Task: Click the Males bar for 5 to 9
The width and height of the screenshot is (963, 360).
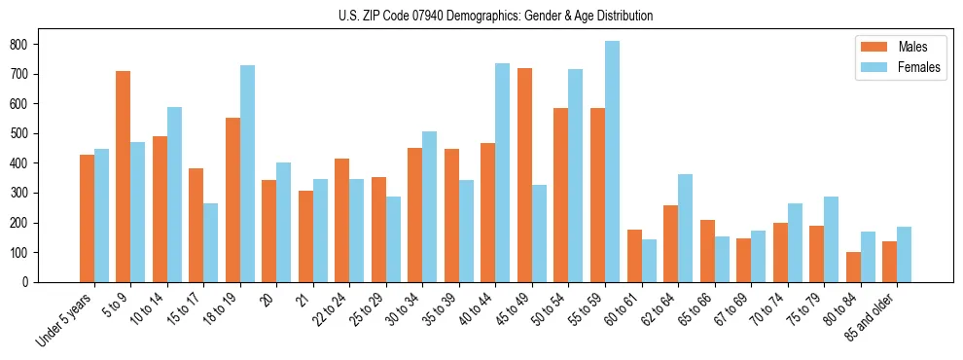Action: point(124,176)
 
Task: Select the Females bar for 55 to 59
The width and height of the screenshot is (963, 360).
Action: point(611,162)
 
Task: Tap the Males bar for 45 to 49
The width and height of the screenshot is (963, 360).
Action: point(525,175)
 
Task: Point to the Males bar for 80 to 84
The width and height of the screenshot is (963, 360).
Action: point(854,267)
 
